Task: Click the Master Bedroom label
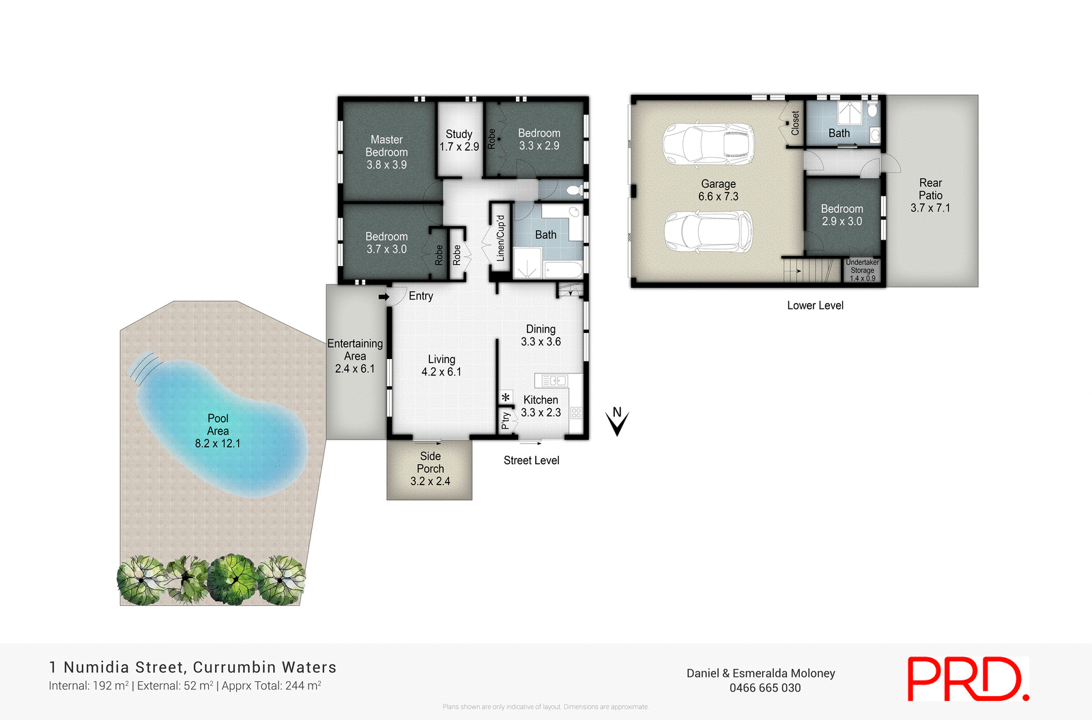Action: click(x=386, y=152)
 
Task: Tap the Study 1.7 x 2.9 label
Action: click(x=459, y=141)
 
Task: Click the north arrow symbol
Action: click(x=617, y=421)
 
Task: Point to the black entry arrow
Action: click(x=384, y=297)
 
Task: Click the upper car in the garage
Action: click(x=708, y=144)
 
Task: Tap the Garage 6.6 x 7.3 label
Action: click(x=718, y=190)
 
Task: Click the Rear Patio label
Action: click(x=930, y=195)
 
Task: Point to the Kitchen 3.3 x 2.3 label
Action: click(x=541, y=406)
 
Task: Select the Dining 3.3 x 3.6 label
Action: click(x=541, y=335)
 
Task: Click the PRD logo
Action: click(x=967, y=678)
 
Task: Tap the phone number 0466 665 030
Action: click(x=765, y=688)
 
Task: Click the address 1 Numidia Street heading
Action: click(x=193, y=667)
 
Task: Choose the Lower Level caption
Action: click(x=815, y=306)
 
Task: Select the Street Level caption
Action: click(x=531, y=461)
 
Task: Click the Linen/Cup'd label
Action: click(x=500, y=238)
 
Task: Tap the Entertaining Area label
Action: click(x=355, y=356)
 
